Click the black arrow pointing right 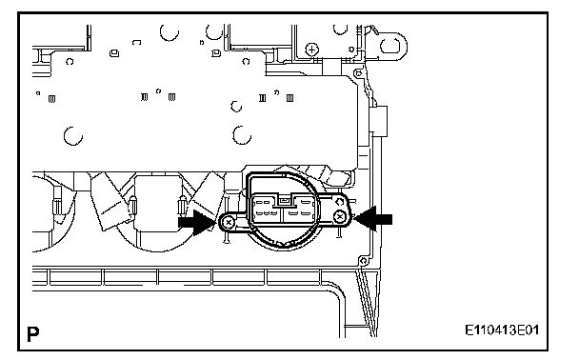click(x=196, y=222)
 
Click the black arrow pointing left click(x=373, y=219)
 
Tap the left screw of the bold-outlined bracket click(x=229, y=222)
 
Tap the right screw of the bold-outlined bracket click(x=339, y=217)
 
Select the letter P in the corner click(x=33, y=334)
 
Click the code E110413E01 click(x=502, y=330)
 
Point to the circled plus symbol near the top click(x=312, y=50)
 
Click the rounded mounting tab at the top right click(x=392, y=46)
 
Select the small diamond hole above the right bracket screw click(x=340, y=202)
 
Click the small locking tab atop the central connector click(x=284, y=201)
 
